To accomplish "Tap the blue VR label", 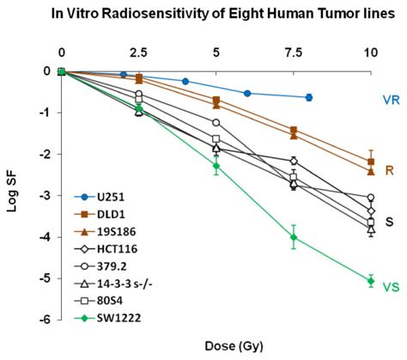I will click(391, 100).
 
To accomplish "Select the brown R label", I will click(389, 171).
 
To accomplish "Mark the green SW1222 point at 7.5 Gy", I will click(294, 237).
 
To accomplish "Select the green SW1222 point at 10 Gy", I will click(371, 280).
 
